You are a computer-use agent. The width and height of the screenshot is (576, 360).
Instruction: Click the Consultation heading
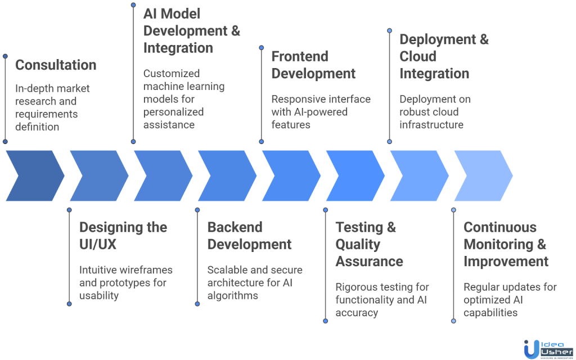click(56, 65)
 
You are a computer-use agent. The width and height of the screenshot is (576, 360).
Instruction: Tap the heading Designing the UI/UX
click(123, 236)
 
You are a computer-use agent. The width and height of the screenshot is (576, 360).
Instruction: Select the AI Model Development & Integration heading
click(191, 31)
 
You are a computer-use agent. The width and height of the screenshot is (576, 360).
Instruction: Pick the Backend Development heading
click(249, 236)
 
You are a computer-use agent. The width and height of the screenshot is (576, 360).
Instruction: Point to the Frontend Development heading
click(313, 65)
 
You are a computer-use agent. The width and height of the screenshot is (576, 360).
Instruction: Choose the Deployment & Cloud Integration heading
click(444, 56)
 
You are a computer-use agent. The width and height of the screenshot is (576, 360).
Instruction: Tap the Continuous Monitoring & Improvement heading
click(506, 244)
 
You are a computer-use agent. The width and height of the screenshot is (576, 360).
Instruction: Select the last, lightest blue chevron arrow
click(483, 175)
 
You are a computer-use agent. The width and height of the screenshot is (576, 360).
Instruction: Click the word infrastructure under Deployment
click(431, 124)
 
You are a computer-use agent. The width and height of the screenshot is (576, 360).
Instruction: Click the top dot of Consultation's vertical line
click(5, 56)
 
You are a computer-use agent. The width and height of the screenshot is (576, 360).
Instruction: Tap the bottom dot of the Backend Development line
click(197, 304)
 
